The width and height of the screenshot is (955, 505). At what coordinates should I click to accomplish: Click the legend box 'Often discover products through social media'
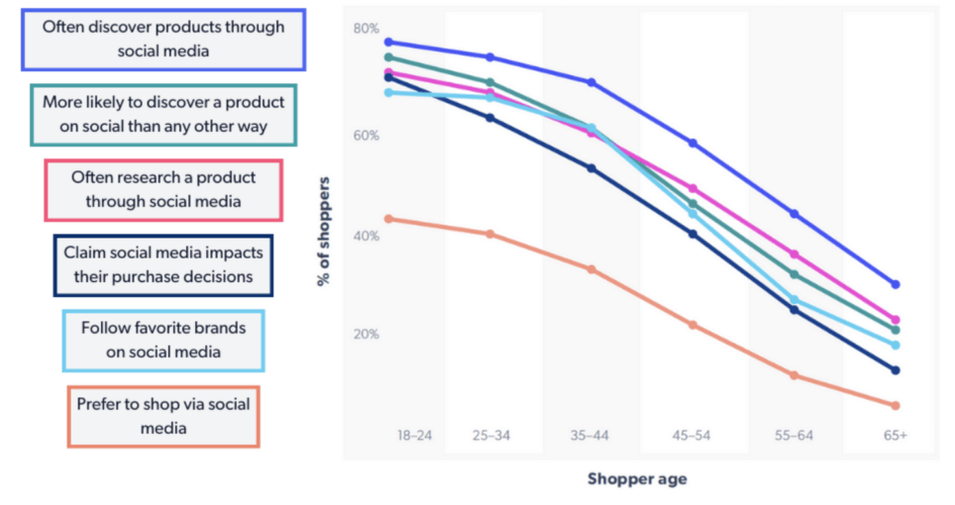pyautogui.click(x=162, y=40)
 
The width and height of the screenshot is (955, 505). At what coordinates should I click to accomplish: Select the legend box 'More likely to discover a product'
pyautogui.click(x=163, y=115)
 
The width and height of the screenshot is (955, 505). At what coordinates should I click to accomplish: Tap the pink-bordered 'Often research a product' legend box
pyautogui.click(x=163, y=190)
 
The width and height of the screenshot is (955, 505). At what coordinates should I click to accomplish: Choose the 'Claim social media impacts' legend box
pyautogui.click(x=163, y=264)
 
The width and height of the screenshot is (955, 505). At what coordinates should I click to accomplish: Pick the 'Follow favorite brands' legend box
pyautogui.click(x=163, y=340)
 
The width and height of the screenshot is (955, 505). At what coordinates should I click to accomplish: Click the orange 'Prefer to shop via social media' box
pyautogui.click(x=163, y=416)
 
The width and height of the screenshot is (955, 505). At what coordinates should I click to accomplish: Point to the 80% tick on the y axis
pyautogui.click(x=366, y=28)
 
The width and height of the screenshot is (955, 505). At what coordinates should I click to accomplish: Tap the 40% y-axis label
pyautogui.click(x=366, y=237)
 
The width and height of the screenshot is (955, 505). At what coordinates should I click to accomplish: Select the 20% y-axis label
pyautogui.click(x=366, y=335)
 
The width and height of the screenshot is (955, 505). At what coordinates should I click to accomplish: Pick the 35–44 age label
pyautogui.click(x=591, y=435)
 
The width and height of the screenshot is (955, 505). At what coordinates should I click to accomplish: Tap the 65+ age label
pyautogui.click(x=895, y=435)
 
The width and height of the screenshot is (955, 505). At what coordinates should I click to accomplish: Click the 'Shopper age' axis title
pyautogui.click(x=636, y=479)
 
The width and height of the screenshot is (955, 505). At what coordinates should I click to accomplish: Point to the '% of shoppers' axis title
pyautogui.click(x=324, y=232)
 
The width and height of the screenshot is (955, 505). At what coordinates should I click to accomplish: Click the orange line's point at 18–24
pyautogui.click(x=389, y=219)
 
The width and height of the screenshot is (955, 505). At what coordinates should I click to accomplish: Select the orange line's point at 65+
pyautogui.click(x=896, y=406)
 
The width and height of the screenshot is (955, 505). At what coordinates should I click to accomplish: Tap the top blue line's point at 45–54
pyautogui.click(x=692, y=144)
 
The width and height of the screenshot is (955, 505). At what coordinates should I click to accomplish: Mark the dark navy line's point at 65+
pyautogui.click(x=896, y=370)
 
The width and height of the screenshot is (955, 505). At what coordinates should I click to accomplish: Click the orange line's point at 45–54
pyautogui.click(x=692, y=325)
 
